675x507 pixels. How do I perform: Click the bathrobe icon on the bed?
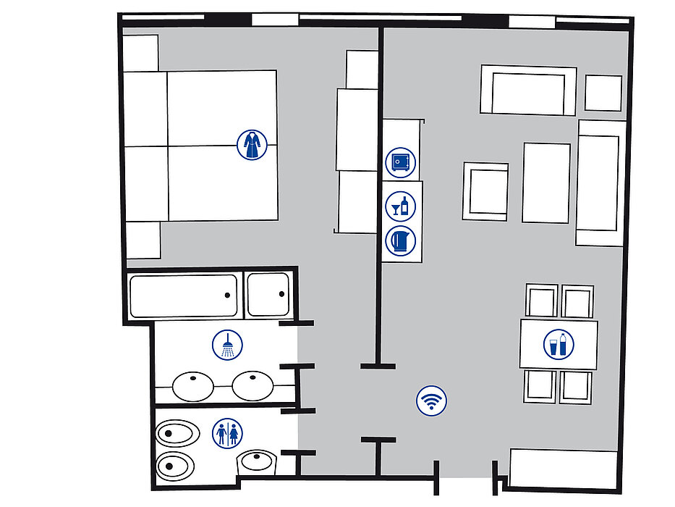point(251,145)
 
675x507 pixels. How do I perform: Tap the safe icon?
point(401,162)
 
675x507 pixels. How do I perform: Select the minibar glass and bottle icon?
point(401,206)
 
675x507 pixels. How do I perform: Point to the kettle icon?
point(401,240)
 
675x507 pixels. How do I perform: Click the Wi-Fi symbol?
point(432,401)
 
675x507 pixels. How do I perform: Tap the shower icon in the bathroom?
point(227,345)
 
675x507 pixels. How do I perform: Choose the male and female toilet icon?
point(227,434)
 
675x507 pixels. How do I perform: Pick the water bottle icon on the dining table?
point(559,344)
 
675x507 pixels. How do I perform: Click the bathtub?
point(183,296)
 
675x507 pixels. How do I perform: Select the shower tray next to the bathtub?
point(268,295)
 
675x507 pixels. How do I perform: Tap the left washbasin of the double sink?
point(193,385)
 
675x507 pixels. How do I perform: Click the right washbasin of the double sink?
point(252,385)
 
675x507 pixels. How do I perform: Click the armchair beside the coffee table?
point(485,191)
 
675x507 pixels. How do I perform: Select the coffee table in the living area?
point(546,183)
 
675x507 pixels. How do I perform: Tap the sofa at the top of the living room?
point(528,91)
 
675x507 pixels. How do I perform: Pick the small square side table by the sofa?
point(603,93)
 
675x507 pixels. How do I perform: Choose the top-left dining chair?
point(542,301)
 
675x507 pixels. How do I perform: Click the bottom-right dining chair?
point(576,386)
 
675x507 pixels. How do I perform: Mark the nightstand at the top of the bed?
point(140,52)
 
